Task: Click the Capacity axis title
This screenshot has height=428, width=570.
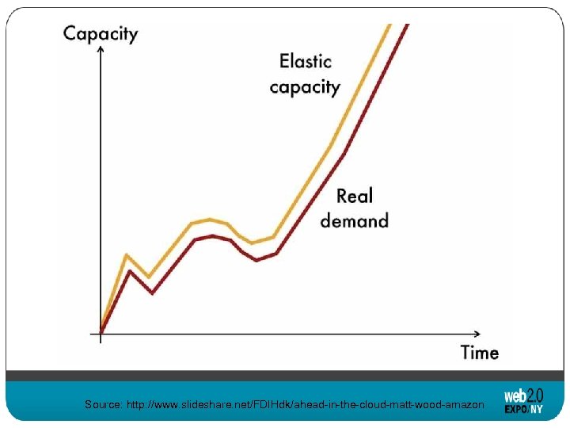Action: click(101, 33)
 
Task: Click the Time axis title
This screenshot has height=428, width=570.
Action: click(480, 352)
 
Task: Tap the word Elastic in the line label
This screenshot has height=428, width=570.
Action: click(305, 61)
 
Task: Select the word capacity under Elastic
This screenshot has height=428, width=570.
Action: click(305, 86)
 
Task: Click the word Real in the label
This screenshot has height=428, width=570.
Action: click(354, 196)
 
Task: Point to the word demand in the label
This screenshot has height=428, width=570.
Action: click(354, 220)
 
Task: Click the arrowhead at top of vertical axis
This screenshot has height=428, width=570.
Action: click(101, 50)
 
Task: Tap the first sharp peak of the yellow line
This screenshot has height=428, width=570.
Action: click(127, 255)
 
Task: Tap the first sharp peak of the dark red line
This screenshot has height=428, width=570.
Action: click(130, 271)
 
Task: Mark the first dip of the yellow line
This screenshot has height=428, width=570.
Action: click(149, 277)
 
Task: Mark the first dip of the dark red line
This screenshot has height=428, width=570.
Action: click(151, 292)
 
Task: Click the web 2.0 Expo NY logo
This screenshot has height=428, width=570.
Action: click(523, 400)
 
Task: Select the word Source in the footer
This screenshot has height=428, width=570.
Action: click(103, 405)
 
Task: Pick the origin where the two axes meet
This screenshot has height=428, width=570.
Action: click(101, 332)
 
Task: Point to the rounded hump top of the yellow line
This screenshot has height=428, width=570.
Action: click(210, 220)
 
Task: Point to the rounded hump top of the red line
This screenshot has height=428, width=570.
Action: click(212, 235)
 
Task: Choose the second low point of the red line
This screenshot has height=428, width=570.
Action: click(257, 259)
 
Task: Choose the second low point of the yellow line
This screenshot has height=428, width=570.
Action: click(252, 243)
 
